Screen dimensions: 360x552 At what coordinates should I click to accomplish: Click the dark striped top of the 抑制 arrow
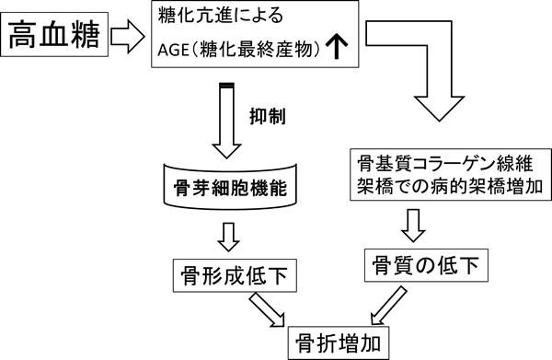tap(226, 87)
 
